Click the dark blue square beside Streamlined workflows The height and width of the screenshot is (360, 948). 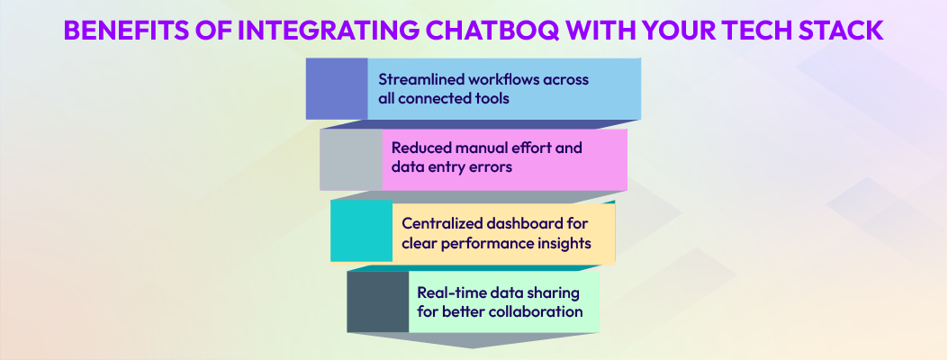click(x=337, y=88)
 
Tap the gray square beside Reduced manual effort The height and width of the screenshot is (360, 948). click(x=350, y=159)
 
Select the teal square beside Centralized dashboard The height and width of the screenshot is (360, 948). click(x=360, y=230)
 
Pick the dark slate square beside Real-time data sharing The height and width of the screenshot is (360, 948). click(x=377, y=301)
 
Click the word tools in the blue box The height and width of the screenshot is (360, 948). click(x=490, y=98)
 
